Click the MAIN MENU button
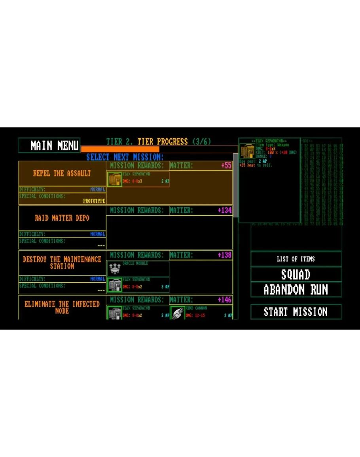coord(49,145)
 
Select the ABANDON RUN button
coord(296,290)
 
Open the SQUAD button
coord(296,274)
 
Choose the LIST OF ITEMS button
coord(296,259)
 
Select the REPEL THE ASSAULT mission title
coord(62,173)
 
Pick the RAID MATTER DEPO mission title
coord(62,218)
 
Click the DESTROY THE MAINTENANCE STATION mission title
coord(62,263)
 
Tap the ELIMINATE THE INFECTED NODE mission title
coord(62,307)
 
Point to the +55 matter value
coord(226,165)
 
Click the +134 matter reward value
coord(225,210)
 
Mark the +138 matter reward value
coord(225,255)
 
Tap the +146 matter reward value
coord(225,300)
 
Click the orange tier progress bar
coord(120,149)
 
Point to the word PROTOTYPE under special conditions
coord(94,201)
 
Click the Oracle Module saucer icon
coord(115,269)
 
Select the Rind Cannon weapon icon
coord(178,313)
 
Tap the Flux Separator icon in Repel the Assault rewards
coord(115,179)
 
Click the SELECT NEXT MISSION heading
coord(125,157)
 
